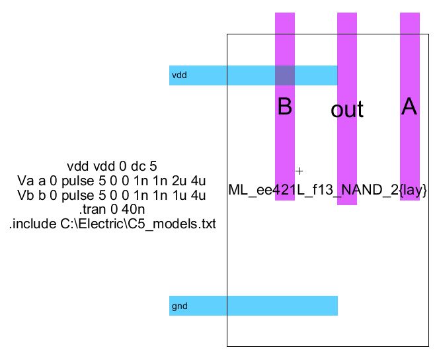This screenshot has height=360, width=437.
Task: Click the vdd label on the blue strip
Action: [179, 75]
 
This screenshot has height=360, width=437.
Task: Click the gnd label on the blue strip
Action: [179, 306]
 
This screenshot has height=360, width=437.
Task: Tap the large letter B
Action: [284, 107]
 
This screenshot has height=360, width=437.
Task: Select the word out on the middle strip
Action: [347, 110]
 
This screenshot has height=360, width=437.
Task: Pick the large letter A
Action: [409, 107]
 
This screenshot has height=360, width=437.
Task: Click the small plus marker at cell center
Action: [299, 170]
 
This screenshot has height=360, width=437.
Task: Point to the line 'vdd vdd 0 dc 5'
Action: [112, 165]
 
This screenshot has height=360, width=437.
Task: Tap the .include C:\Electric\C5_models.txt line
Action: [112, 225]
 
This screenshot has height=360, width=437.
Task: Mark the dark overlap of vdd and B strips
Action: [285, 75]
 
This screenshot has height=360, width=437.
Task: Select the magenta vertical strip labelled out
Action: [347, 152]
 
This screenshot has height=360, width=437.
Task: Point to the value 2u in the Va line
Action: [177, 181]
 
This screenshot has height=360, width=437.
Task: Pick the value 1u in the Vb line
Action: [177, 196]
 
